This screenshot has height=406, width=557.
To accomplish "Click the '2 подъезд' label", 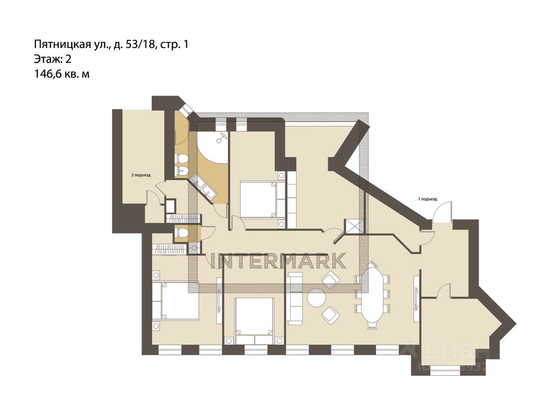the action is click(x=141, y=175).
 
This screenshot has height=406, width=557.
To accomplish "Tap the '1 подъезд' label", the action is click(x=427, y=199).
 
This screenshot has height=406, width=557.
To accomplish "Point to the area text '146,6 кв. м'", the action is click(x=61, y=73).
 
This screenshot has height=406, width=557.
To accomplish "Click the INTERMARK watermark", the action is click(x=278, y=261).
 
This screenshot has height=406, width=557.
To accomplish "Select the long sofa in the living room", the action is click(x=294, y=299).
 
